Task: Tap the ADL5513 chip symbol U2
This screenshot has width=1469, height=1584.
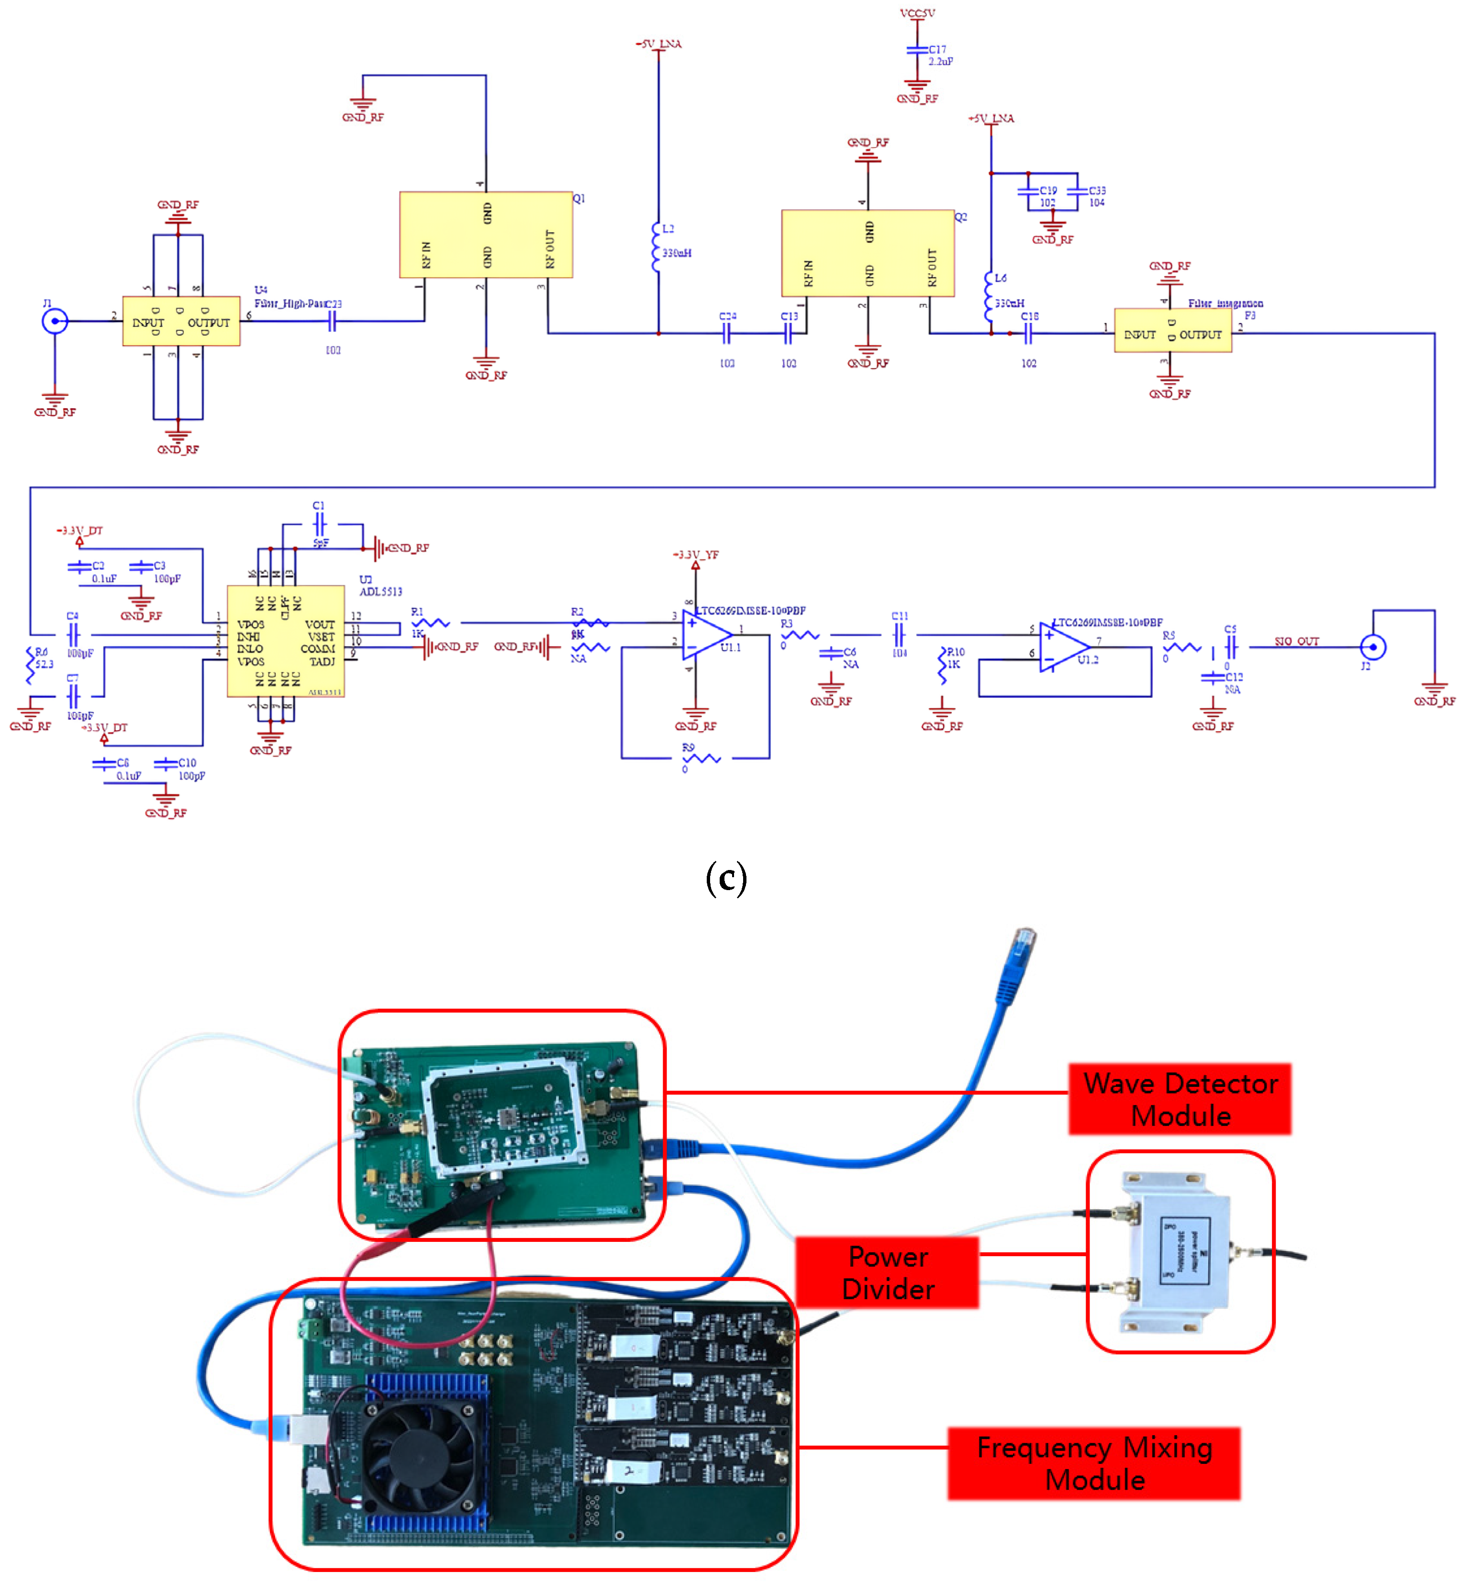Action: coord(285,641)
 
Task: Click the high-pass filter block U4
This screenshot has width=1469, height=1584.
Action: coord(181,321)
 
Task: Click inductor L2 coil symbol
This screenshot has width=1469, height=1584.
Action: coord(657,247)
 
